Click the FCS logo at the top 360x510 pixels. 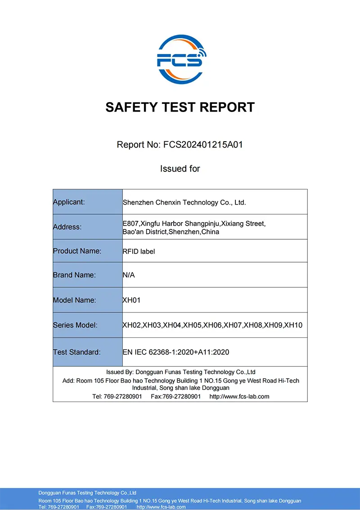point(180,60)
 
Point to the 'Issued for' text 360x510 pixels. point(180,169)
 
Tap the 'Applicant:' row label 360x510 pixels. point(69,202)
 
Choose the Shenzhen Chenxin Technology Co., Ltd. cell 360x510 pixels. point(184,202)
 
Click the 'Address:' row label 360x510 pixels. point(67,227)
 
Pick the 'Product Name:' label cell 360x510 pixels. point(77,251)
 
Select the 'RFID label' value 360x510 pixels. point(139,251)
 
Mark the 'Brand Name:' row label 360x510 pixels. point(74,275)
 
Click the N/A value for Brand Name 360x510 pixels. point(129,275)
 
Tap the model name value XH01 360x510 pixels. point(131,300)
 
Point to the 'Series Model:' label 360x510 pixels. point(75,325)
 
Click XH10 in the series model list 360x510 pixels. point(293,325)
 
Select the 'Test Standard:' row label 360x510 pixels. point(77,352)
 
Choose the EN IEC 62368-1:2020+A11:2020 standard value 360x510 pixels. point(176,352)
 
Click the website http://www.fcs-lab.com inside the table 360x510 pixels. point(239,396)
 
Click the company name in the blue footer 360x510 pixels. point(87,493)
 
